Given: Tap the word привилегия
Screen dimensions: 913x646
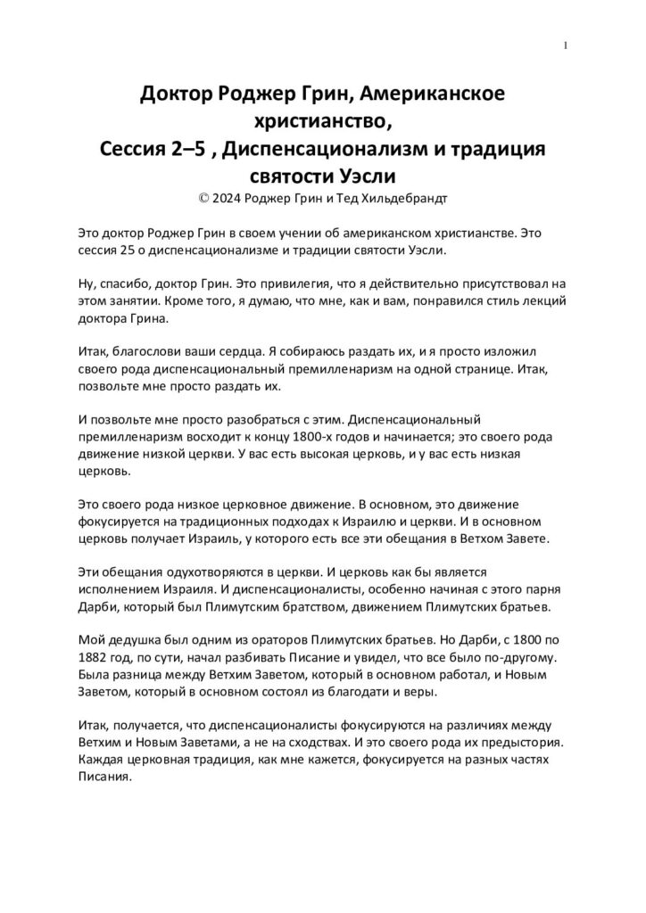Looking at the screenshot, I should [x=267, y=284].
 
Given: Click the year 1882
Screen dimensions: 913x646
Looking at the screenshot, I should [x=95, y=657].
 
